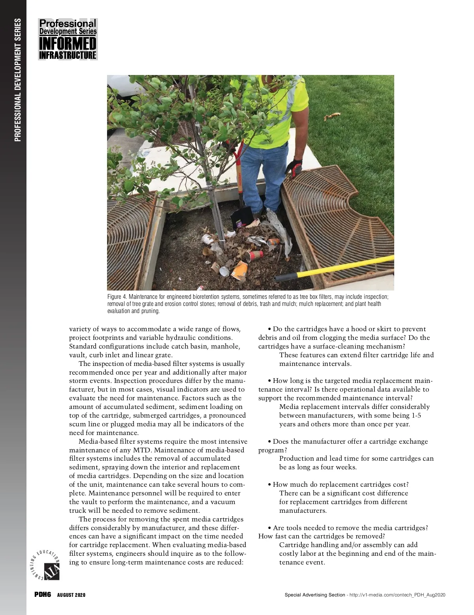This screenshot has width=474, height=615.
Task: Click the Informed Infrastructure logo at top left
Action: click(x=68, y=39)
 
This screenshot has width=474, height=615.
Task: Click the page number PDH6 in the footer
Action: click(x=42, y=595)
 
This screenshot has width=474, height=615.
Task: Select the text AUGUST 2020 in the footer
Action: click(x=71, y=595)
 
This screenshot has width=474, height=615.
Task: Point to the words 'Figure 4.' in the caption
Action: click(x=117, y=297)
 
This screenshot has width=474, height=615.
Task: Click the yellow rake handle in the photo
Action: click(x=336, y=267)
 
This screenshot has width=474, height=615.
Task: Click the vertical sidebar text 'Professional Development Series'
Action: click(x=17, y=79)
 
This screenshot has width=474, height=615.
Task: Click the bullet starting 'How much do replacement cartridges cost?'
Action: click(x=340, y=484)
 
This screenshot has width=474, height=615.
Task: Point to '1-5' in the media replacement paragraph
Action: click(x=416, y=415)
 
